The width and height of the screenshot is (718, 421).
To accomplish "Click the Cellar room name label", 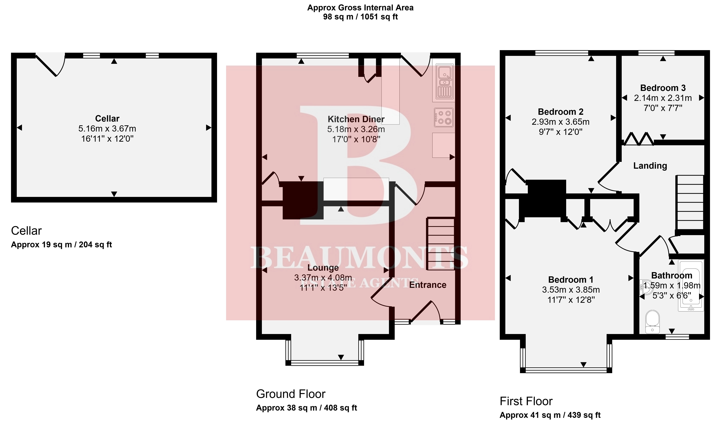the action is pyautogui.click(x=107, y=118).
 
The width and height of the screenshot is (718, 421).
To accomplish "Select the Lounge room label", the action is pyautogui.click(x=323, y=268).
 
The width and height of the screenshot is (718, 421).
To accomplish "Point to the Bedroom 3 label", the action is pyautogui.click(x=663, y=88).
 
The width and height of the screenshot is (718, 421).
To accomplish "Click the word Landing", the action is pyautogui.click(x=650, y=166).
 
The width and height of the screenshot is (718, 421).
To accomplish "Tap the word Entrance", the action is pyautogui.click(x=428, y=285).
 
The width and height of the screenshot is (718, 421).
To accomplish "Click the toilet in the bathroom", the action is pyautogui.click(x=652, y=322).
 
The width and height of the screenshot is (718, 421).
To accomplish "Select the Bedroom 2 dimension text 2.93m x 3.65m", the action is pyautogui.click(x=560, y=122).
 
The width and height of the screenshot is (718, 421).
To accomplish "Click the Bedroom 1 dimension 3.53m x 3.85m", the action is pyautogui.click(x=571, y=290).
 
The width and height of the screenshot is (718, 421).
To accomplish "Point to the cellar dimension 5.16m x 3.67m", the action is pyautogui.click(x=107, y=129).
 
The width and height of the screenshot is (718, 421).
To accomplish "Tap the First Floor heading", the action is pyautogui.click(x=526, y=401).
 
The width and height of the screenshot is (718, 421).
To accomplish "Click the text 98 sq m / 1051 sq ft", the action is pyautogui.click(x=360, y=17).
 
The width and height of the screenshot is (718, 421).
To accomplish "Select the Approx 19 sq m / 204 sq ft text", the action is pyautogui.click(x=61, y=245).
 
